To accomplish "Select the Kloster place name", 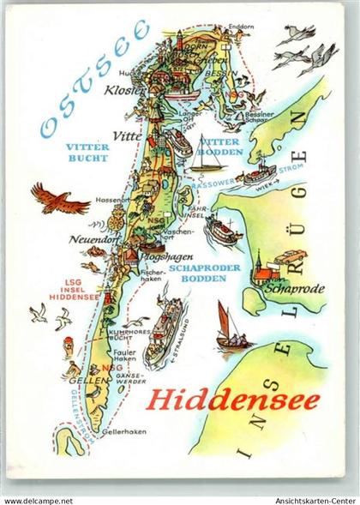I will click(123, 88).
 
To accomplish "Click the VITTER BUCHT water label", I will click(87, 153).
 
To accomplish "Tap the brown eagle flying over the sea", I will click(60, 201).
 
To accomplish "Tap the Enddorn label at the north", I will click(241, 27).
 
